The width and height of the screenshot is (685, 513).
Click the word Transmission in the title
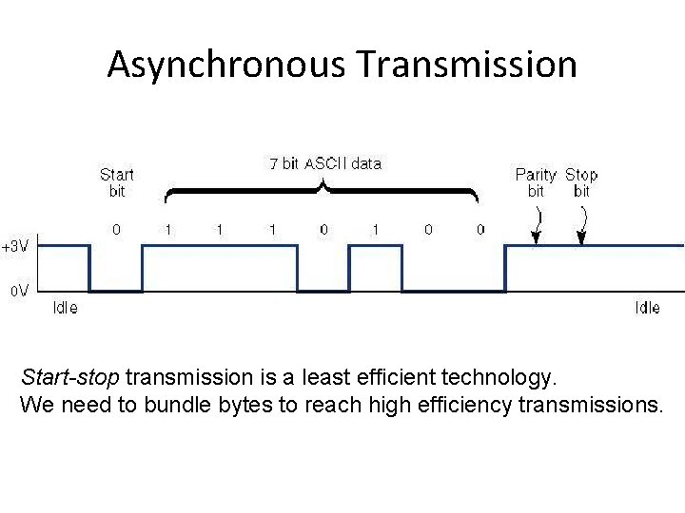coord(467,65)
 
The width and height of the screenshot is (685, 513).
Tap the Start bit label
coord(116,181)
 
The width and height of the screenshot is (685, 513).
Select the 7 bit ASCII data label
coord(325,163)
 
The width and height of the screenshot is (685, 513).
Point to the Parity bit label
coord(536,181)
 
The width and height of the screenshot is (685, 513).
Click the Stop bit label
coord(581,181)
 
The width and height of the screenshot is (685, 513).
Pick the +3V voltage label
coord(14,246)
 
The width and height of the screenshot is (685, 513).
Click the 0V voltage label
coord(18,290)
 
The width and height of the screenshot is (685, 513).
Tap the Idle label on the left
coord(66,308)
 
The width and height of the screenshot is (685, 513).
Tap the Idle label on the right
coord(647,308)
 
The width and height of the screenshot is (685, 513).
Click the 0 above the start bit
coord(116,229)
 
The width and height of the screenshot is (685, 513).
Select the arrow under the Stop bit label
coord(581,226)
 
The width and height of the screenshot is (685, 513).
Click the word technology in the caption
coord(505,378)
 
